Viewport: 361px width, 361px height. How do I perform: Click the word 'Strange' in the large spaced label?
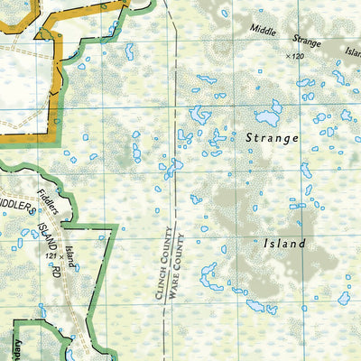click(271, 138)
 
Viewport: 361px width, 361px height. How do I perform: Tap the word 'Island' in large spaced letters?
click(284, 244)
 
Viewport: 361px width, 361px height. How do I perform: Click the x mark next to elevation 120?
click(287, 56)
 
